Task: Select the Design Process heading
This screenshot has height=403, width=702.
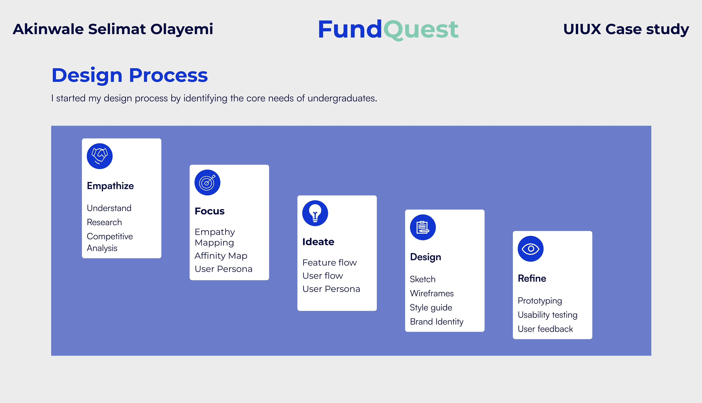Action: [130, 75]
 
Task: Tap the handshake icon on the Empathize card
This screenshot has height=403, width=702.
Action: [100, 156]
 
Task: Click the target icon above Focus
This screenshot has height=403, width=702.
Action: [207, 182]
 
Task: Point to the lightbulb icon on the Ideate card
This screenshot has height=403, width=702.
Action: [315, 213]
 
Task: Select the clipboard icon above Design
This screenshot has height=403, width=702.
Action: [423, 227]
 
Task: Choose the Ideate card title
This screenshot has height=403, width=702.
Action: [318, 242]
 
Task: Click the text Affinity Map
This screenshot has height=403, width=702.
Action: [221, 256]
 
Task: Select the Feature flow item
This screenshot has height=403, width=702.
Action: [329, 262]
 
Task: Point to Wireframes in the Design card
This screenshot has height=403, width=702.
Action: [432, 293]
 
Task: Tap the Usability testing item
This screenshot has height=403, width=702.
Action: [548, 315]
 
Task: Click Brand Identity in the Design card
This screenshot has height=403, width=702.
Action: [437, 322]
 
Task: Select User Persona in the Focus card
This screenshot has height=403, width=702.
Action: [223, 269]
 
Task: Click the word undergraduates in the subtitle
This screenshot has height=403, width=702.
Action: [342, 98]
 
